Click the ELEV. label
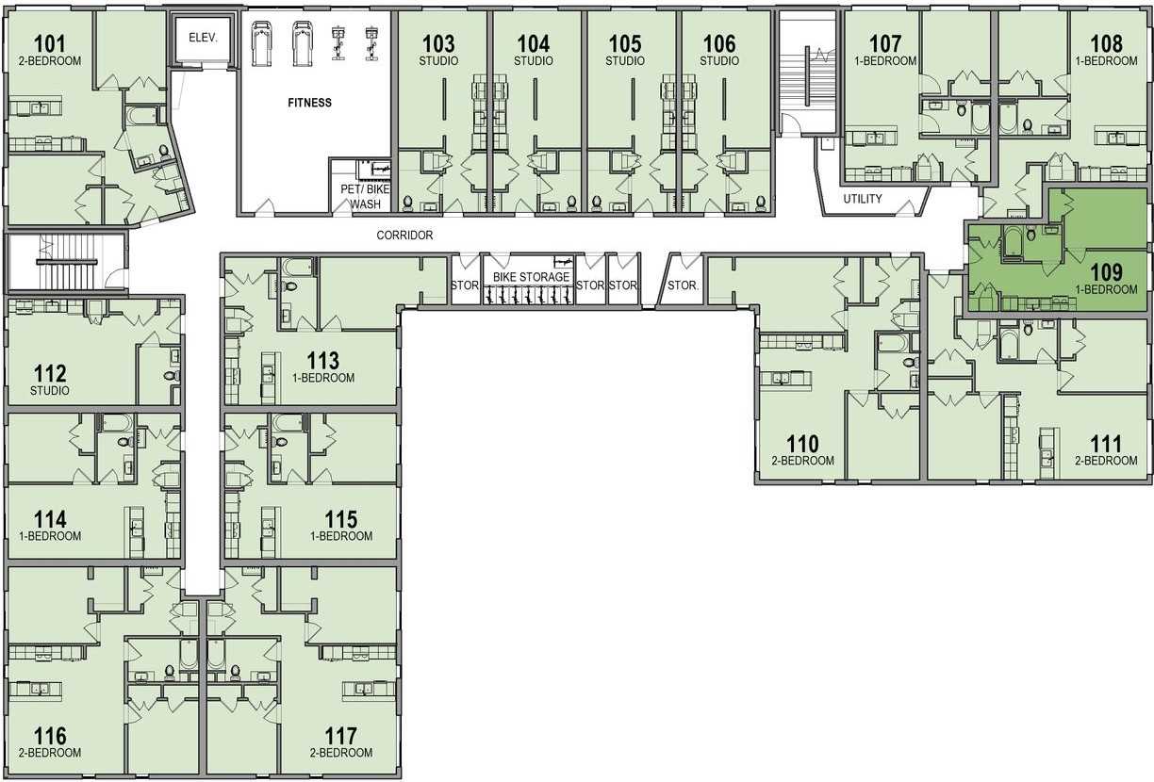[203, 38]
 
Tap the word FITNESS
[309, 103]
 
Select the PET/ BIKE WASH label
[365, 197]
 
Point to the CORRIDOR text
[404, 236]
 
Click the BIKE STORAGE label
[531, 277]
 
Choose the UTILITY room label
[863, 198]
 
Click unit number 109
[1106, 272]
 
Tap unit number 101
[50, 43]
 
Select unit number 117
[340, 736]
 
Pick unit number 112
[50, 373]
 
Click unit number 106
[719, 43]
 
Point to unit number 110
[802, 443]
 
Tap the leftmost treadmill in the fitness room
[261, 43]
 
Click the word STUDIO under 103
[438, 60]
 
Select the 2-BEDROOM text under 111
[1106, 460]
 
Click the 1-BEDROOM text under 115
[341, 536]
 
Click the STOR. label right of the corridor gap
[683, 285]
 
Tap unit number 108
[1106, 43]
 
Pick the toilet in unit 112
[173, 376]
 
